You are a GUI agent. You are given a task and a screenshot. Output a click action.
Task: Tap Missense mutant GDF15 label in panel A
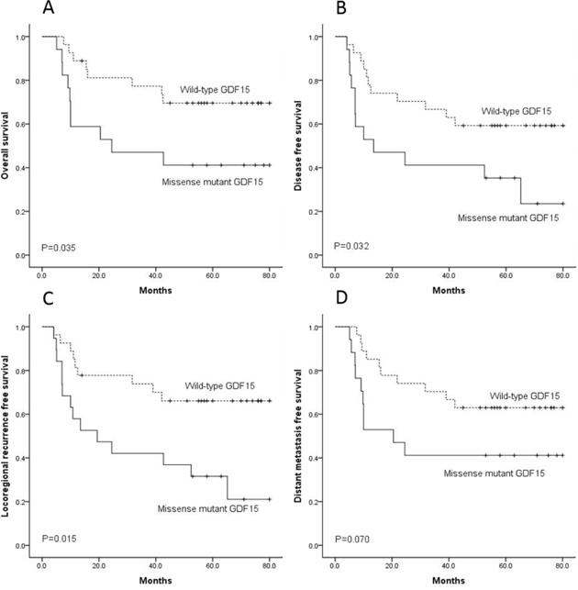point(208,183)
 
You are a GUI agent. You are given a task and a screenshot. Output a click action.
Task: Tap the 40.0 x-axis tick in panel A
point(155,274)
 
